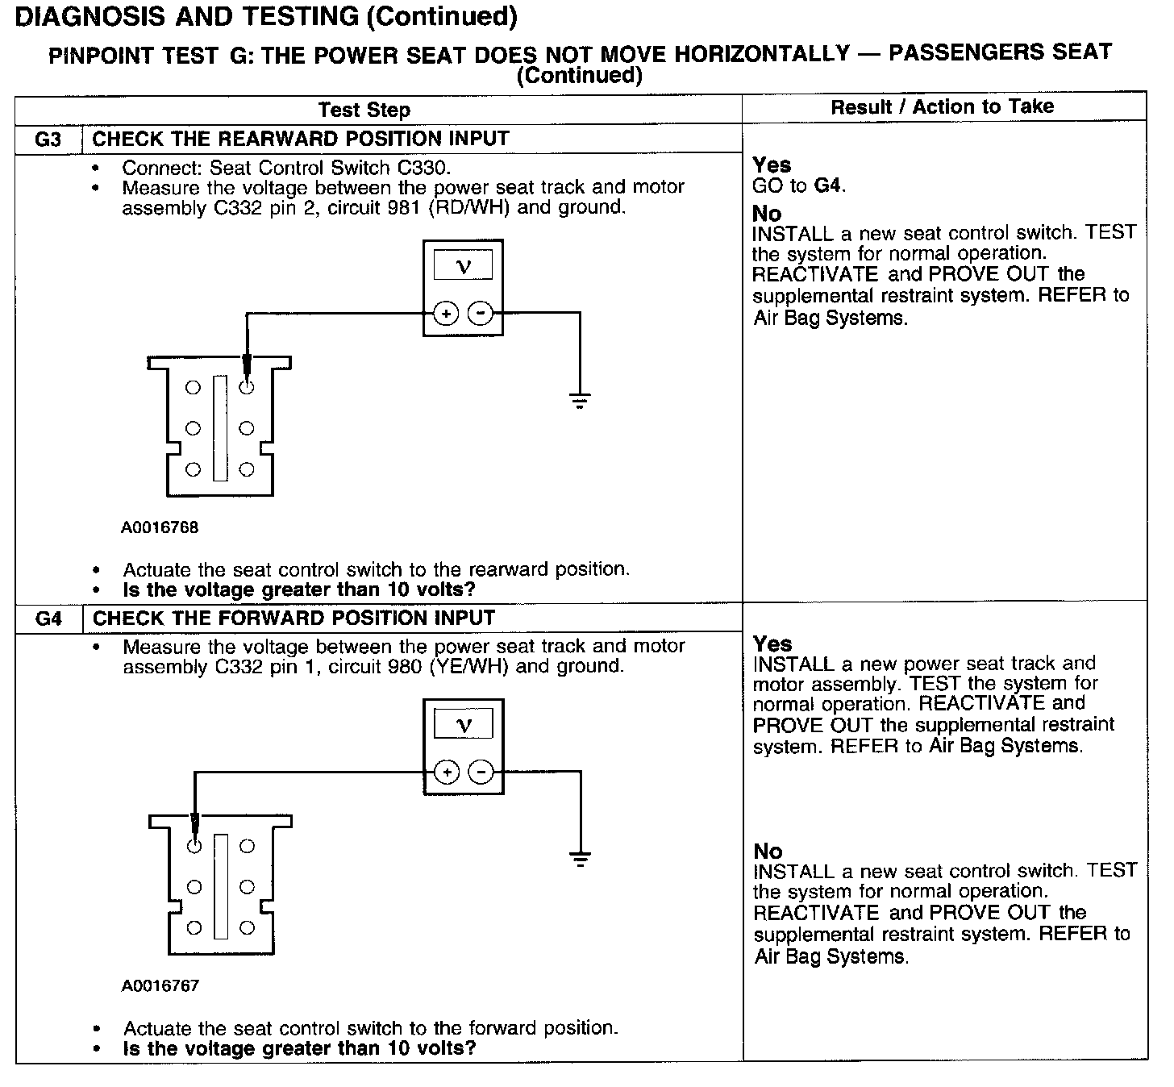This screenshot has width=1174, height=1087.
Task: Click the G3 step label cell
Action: (x=48, y=139)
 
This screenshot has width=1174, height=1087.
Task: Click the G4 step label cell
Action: (x=49, y=618)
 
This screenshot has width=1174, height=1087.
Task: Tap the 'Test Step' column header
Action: (x=364, y=110)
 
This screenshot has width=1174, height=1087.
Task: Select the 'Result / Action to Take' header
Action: (x=942, y=106)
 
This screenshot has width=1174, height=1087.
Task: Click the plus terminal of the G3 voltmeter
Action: (x=446, y=313)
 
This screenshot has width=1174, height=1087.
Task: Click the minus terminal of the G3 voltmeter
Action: (x=481, y=313)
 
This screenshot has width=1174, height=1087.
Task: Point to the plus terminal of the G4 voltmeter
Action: (x=447, y=773)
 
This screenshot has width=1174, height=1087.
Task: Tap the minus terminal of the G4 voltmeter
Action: (x=481, y=773)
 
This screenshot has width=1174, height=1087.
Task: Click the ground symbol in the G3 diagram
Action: (x=580, y=399)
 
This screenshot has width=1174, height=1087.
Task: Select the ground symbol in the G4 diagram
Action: (x=580, y=858)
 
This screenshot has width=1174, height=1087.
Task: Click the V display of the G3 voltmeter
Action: (x=463, y=265)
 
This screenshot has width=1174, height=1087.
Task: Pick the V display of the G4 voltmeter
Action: (x=464, y=724)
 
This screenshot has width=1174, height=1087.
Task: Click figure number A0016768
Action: (x=160, y=527)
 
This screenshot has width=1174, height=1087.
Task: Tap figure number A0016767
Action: (x=160, y=985)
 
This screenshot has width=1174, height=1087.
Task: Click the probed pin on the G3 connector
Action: (x=247, y=387)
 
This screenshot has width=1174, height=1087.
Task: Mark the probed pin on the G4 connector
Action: (x=194, y=846)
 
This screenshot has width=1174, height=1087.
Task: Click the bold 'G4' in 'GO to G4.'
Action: (x=828, y=185)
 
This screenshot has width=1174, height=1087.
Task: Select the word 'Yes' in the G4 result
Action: (x=772, y=643)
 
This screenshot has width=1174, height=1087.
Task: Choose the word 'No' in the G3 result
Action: (x=767, y=214)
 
